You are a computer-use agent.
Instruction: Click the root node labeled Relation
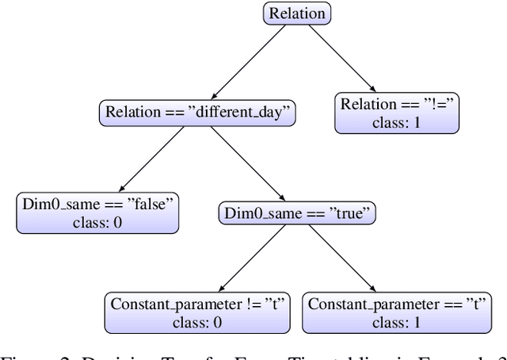[296, 13]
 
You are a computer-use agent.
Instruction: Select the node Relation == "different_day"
[198, 112]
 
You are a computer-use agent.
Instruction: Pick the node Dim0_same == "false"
[97, 213]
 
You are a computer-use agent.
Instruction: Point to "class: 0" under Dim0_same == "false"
[97, 222]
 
